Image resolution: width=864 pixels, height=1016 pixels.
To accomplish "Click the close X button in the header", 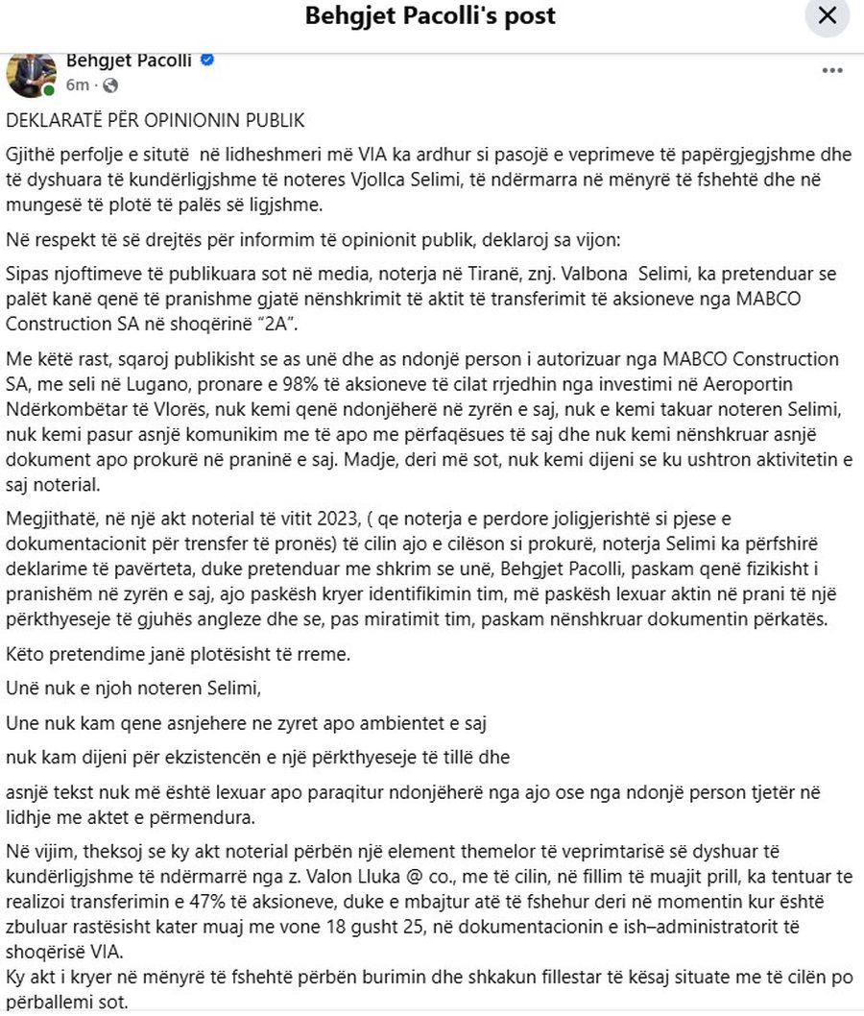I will [x=827, y=17].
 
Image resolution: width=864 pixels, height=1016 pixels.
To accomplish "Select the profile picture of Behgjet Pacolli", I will [x=31, y=73].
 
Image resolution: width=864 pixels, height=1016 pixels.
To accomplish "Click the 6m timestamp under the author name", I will [x=78, y=85].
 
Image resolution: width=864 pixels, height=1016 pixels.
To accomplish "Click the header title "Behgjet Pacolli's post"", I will [x=430, y=16].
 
